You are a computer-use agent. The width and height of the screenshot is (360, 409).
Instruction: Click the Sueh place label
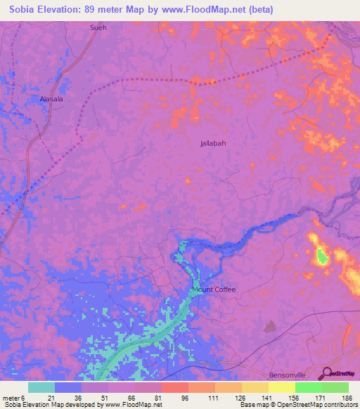coord(98,27)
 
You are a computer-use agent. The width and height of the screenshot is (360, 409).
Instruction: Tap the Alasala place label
coord(51,99)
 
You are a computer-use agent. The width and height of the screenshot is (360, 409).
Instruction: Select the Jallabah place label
coord(213,143)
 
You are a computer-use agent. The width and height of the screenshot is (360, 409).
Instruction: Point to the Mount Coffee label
coord(214,290)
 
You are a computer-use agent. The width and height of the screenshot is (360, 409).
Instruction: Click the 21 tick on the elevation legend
coord(51,398)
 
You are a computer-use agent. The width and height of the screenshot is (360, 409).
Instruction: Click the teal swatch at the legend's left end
coord(41,387)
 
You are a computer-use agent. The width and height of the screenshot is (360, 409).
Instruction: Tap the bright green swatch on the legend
coord(308,387)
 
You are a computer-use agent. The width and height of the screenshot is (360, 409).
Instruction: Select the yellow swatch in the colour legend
coord(281,387)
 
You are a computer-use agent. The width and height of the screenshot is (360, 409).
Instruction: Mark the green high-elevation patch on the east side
coord(322,257)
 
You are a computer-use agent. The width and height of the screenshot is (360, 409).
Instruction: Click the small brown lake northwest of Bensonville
coord(269,326)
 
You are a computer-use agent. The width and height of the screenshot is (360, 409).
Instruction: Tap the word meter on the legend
coord(11,398)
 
